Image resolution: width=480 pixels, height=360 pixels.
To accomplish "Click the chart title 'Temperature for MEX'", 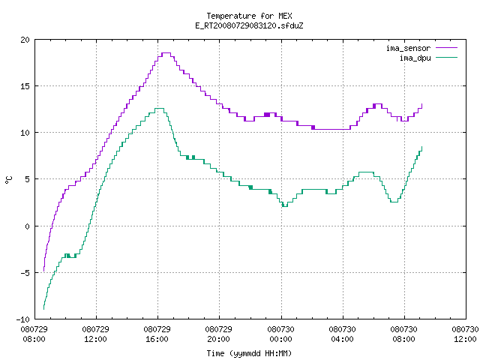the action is pyautogui.click(x=249, y=16).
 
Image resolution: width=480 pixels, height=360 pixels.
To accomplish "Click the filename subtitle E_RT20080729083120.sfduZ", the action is pyautogui.click(x=249, y=25).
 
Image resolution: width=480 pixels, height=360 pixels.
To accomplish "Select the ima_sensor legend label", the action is pyautogui.click(x=408, y=48).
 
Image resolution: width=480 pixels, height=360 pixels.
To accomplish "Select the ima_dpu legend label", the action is pyautogui.click(x=415, y=58).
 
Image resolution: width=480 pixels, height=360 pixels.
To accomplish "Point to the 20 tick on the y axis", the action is pyautogui.click(x=25, y=40).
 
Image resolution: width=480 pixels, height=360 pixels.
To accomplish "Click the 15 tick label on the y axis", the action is pyautogui.click(x=25, y=86).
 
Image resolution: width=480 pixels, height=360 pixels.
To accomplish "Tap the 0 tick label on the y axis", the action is pyautogui.click(x=27, y=226).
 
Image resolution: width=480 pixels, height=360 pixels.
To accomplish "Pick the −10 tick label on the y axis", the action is pyautogui.click(x=23, y=319).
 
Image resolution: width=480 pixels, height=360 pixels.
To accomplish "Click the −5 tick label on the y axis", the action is pyautogui.click(x=23, y=273).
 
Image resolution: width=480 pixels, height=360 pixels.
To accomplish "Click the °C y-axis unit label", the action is pyautogui.click(x=8, y=180).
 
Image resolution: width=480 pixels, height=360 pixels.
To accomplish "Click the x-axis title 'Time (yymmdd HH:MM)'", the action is pyautogui.click(x=249, y=353).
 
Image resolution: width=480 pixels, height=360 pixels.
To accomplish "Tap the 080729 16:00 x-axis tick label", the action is pyautogui.click(x=157, y=334).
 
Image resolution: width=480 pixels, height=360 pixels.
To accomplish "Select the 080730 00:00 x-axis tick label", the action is pyautogui.click(x=280, y=334).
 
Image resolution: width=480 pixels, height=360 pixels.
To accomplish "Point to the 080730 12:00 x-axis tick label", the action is pyautogui.click(x=465, y=334).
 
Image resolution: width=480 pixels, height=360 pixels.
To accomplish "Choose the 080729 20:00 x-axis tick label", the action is pyautogui.click(x=218, y=334).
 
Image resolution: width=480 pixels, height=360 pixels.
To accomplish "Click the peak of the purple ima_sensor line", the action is pyautogui.click(x=166, y=53).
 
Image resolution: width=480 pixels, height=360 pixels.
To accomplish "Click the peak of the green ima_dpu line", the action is pyautogui.click(x=160, y=108).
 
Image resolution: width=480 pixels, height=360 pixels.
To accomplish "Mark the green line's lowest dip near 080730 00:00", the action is pyautogui.click(x=285, y=207).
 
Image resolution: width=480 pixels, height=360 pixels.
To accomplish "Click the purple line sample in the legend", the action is pyautogui.click(x=447, y=48).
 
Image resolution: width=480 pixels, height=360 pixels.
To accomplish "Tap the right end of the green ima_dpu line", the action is pyautogui.click(x=421, y=147).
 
